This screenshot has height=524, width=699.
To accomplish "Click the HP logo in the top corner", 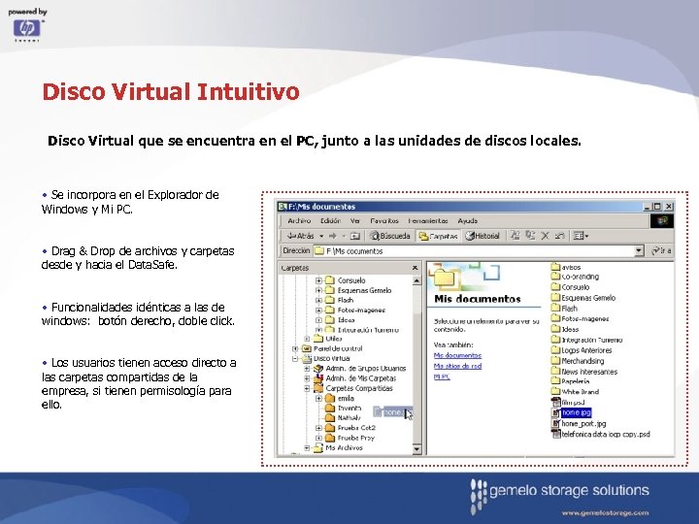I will point(27,28).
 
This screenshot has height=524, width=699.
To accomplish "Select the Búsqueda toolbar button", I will point(390,235).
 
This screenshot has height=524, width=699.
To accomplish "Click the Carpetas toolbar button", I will point(439,235).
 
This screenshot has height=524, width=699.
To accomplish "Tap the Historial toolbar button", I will point(483,235).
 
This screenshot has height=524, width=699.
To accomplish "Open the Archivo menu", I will point(299,220).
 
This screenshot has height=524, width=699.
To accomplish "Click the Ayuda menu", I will point(468,220).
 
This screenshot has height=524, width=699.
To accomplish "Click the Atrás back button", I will point(300,235).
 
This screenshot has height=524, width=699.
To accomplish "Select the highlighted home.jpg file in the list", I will point(576,412).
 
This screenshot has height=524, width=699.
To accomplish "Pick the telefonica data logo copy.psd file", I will point(604,434).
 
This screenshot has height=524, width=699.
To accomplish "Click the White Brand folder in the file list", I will point(580,392).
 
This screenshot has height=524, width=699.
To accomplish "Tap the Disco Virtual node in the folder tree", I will point(333,358).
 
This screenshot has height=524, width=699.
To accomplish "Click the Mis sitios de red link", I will point(457,366).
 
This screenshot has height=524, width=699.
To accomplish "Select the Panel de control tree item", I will point(339,348).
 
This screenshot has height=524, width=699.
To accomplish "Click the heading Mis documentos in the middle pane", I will point(477,299).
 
